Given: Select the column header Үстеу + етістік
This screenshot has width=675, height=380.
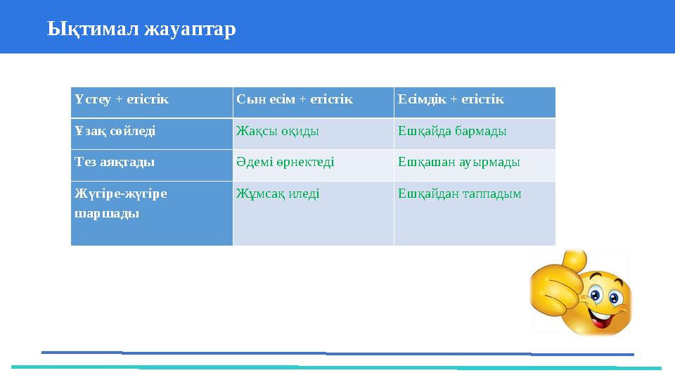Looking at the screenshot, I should tap(122, 99).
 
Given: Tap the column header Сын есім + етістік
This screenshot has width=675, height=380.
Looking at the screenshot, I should tap(294, 99).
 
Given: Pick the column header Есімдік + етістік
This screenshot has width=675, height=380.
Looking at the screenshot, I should tap(451, 99).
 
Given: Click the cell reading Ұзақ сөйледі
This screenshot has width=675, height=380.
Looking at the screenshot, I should tap(115, 131).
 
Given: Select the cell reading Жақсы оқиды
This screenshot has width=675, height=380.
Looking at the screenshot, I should tap(278, 131).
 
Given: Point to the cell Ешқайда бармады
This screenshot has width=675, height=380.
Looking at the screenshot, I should tap(452, 131).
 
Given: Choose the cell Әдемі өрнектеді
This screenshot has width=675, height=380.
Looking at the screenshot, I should tap(285, 162).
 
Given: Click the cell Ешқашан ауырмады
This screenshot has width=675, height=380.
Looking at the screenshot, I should tap(458, 162).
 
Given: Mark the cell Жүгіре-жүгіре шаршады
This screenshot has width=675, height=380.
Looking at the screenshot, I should tap(121, 203).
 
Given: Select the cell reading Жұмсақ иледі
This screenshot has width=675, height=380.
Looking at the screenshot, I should tap(278, 193).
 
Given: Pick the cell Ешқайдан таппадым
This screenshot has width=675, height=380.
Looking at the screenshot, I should tap(459, 193).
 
